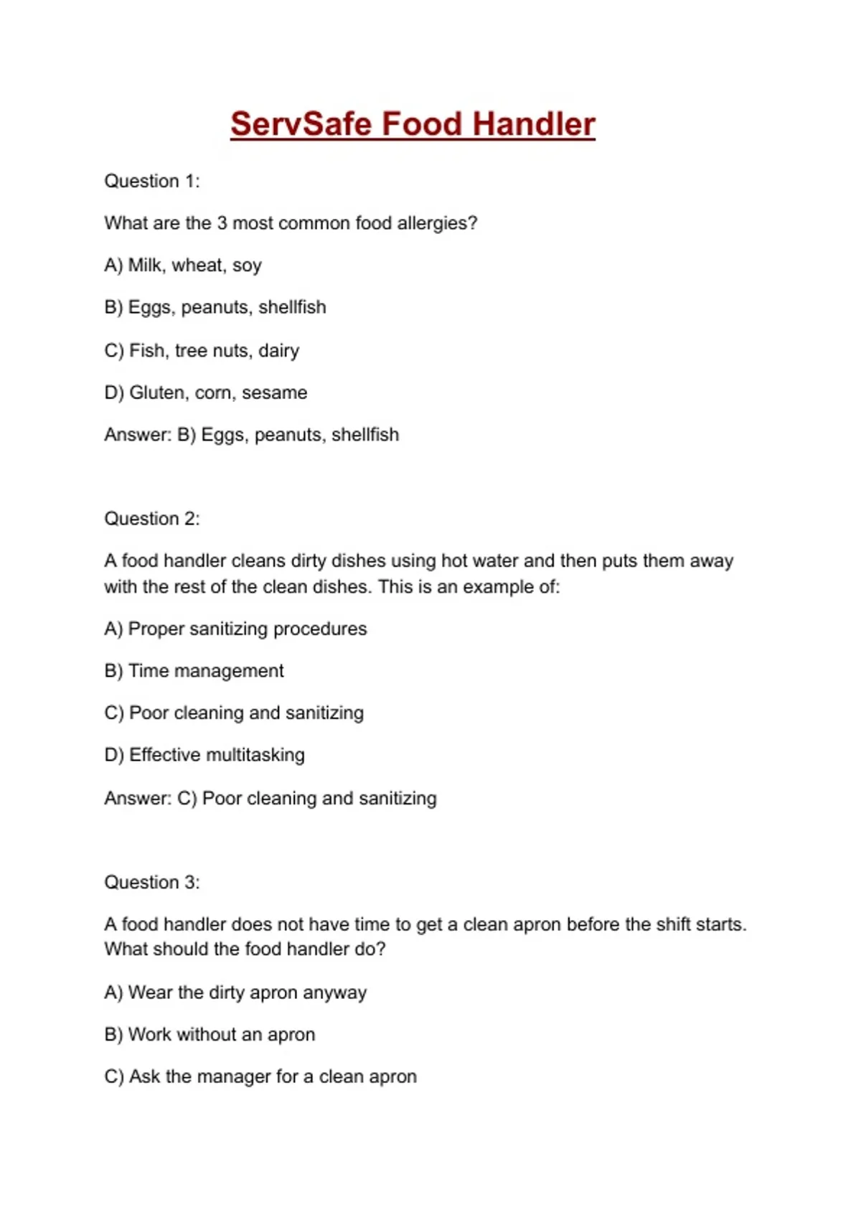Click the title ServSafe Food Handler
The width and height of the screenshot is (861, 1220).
(413, 124)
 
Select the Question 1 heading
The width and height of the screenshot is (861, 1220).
(152, 181)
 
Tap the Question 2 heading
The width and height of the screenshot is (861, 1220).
(152, 518)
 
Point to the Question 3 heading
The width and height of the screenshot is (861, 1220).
(152, 882)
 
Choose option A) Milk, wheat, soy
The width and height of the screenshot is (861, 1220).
(183, 266)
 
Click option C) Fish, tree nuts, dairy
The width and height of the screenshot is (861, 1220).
(202, 350)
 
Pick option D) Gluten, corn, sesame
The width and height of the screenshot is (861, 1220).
(206, 393)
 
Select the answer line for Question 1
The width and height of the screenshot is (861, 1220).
(251, 435)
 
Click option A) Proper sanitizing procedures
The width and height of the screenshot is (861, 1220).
(235, 629)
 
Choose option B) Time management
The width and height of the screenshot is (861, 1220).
(194, 671)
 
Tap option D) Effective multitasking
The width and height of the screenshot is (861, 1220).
(204, 755)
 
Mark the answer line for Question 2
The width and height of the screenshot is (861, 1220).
(270, 798)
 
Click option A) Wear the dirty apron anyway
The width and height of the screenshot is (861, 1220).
(235, 993)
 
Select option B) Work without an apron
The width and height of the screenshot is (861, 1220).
(210, 1035)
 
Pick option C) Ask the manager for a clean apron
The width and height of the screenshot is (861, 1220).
(260, 1076)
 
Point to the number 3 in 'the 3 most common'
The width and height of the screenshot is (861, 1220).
(222, 223)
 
